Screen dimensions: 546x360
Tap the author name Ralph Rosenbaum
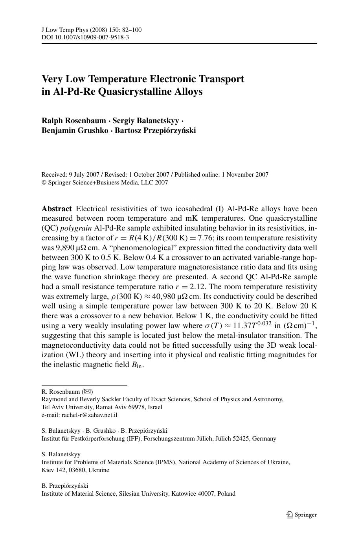point(73,120)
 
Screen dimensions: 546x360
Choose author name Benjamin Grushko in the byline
point(75,130)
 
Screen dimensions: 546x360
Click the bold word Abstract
point(57,209)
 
